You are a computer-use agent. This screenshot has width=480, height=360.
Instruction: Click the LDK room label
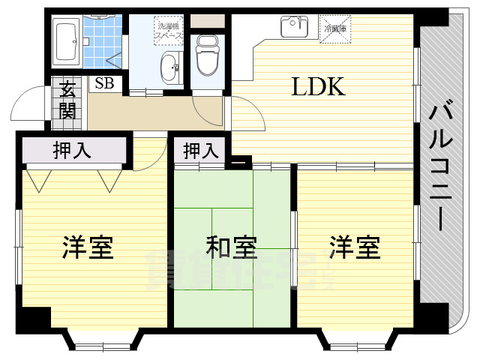(x=318, y=88)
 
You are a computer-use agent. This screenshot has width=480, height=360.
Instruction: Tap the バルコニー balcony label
(x=440, y=166)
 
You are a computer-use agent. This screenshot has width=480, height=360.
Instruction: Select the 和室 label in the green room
(x=232, y=247)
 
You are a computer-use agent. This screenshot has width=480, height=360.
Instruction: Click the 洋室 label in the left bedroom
(x=88, y=247)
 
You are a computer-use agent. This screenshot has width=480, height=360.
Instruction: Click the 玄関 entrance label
(x=67, y=100)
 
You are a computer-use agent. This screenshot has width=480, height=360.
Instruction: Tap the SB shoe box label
(x=104, y=83)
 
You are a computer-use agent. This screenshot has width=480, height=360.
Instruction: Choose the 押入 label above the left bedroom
(x=72, y=150)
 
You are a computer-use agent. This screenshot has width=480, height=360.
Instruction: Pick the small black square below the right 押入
(x=240, y=160)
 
